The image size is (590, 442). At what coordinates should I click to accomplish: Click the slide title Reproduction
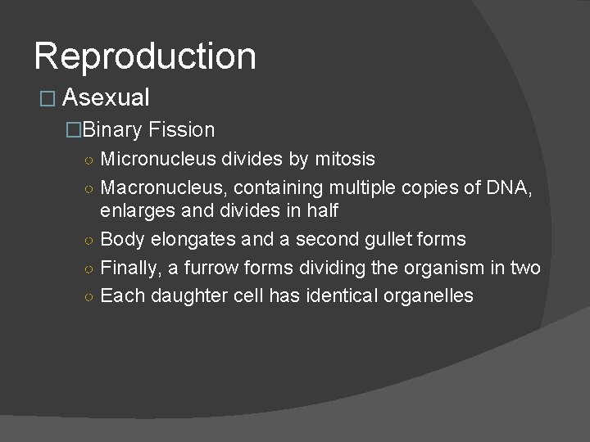coord(145,56)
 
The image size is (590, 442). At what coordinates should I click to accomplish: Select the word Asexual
coord(106,98)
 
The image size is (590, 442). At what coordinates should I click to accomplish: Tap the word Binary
coord(113,129)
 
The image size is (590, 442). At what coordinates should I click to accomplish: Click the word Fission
coord(182,129)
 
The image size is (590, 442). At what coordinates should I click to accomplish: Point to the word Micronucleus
coord(158,158)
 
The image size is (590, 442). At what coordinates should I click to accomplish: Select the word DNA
coord(509,187)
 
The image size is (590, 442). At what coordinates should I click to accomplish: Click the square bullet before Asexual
coord(46,99)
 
